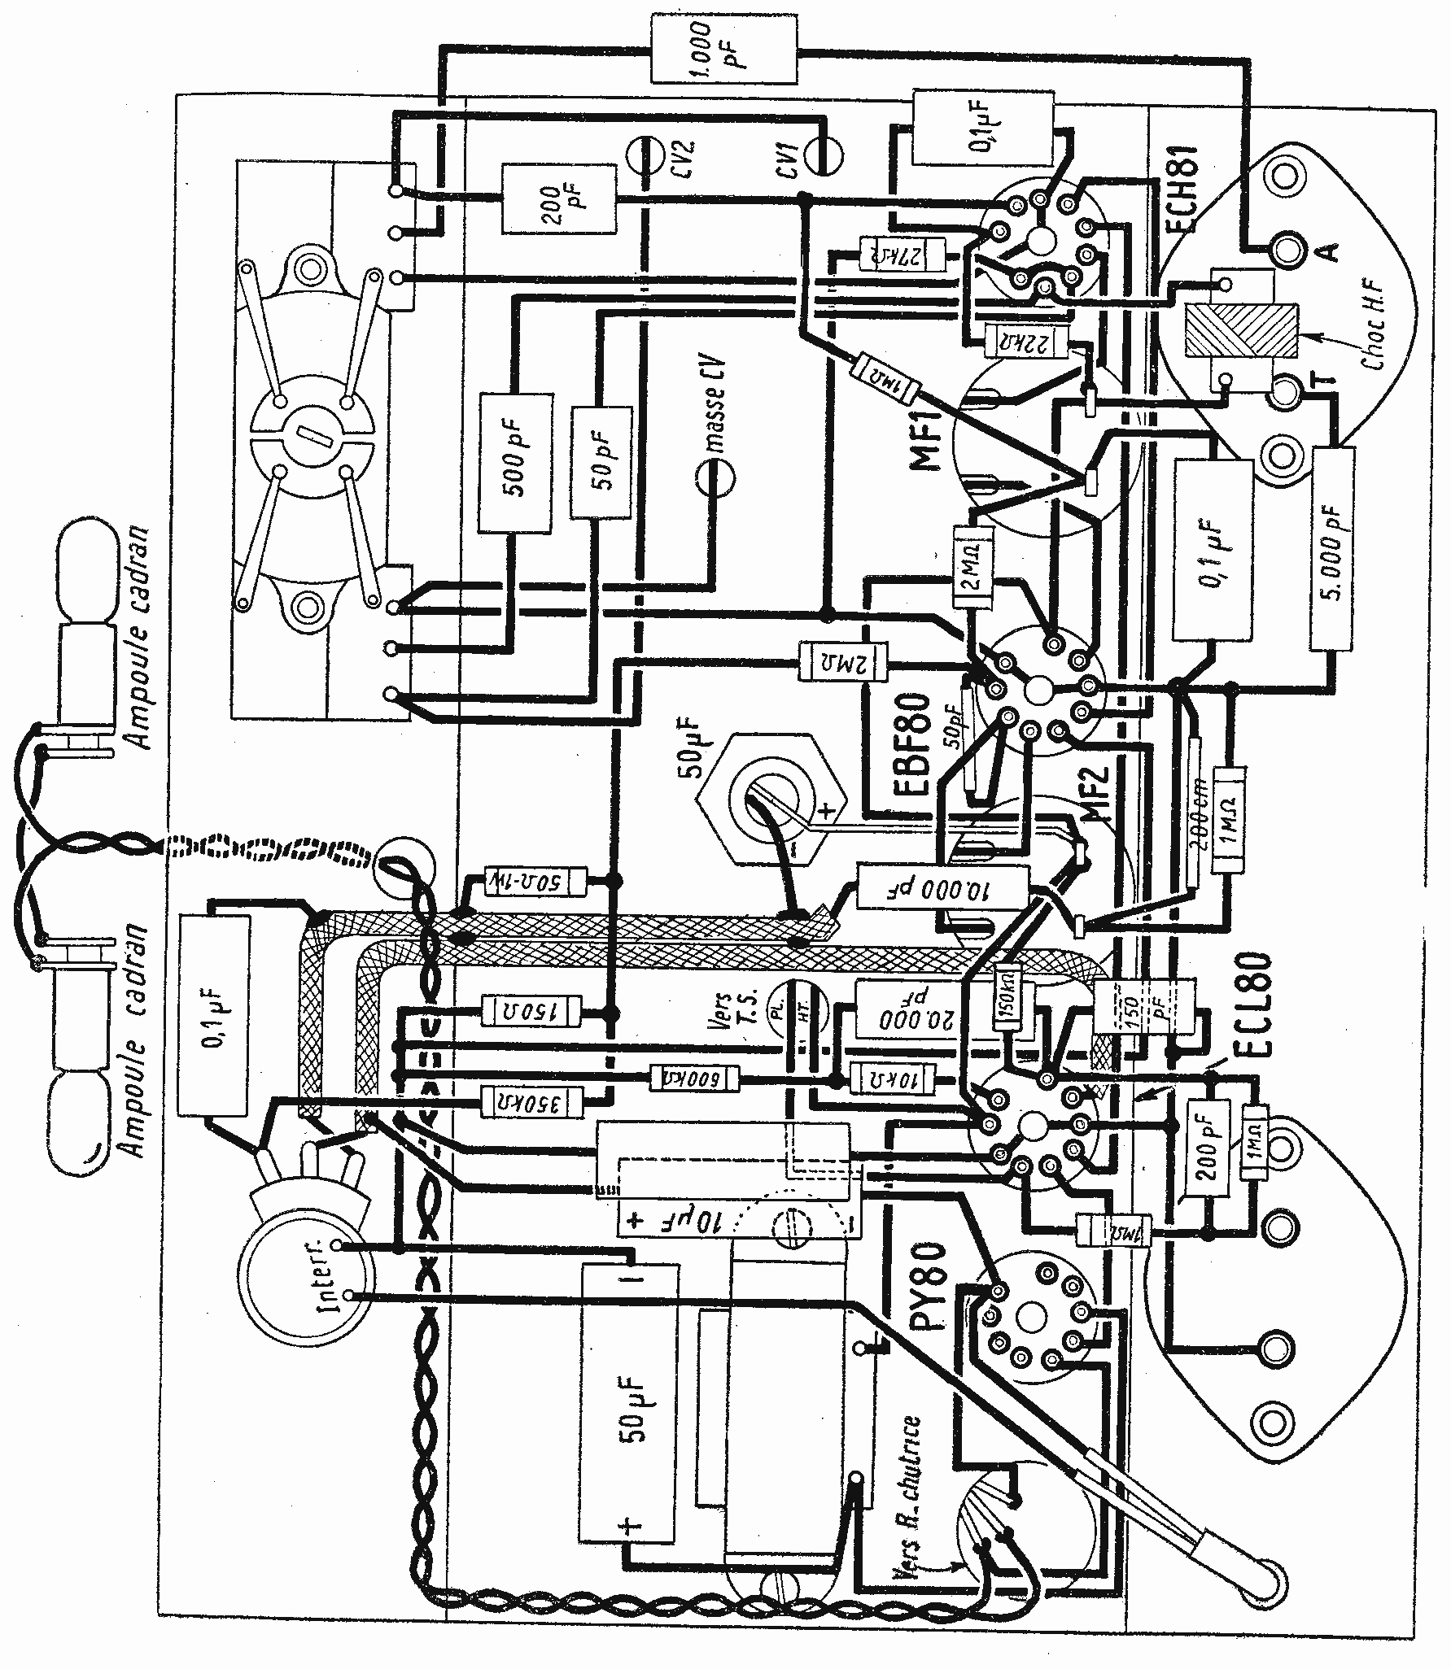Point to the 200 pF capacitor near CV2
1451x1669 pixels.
(557, 200)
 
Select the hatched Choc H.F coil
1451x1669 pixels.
(1240, 330)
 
